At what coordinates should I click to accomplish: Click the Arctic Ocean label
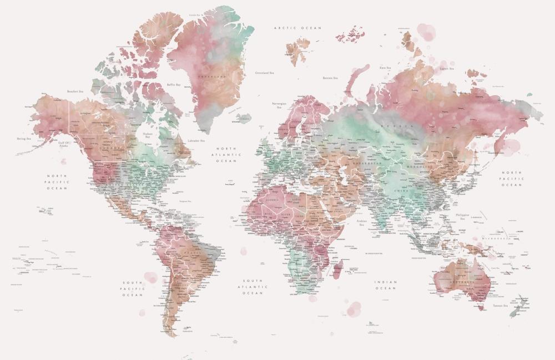coord(298,27)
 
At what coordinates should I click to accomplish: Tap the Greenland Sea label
coord(265,73)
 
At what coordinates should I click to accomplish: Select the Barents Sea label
coord(330,78)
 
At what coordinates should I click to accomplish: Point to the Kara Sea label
coord(386,67)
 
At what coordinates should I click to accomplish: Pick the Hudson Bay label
coord(147,135)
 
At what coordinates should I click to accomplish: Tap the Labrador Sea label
coord(196,141)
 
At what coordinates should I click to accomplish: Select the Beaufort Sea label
coord(75,91)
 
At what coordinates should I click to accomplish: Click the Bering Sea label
coord(24,139)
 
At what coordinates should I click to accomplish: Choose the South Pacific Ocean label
coord(133,288)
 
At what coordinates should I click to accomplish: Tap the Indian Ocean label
coord(386,285)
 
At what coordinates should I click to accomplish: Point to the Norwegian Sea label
coord(279,105)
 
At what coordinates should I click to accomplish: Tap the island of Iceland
coord(243,118)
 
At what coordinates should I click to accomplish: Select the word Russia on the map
coord(404,126)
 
